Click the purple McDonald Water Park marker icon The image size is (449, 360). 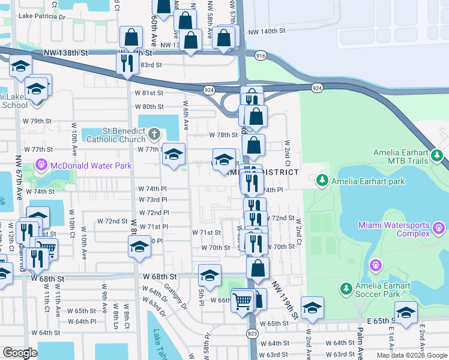[41, 163]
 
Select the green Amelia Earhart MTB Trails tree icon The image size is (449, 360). [438, 157]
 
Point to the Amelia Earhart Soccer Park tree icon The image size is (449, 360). [346, 289]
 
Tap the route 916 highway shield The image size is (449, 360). [260, 55]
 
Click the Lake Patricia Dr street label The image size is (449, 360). [41, 17]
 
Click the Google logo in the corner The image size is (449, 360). [20, 353]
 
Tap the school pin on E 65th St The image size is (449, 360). [406, 313]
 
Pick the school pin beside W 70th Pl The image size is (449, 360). [139, 246]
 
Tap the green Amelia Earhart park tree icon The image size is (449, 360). [322, 180]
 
